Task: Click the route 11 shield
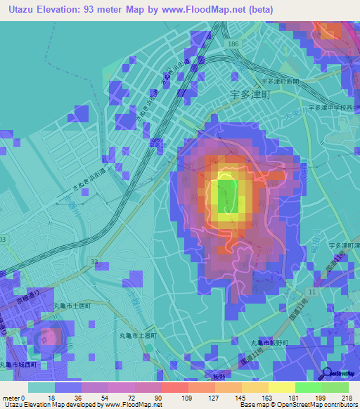pyautogui.click(x=311, y=290)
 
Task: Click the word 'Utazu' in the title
pyautogui.click(x=22, y=10)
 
